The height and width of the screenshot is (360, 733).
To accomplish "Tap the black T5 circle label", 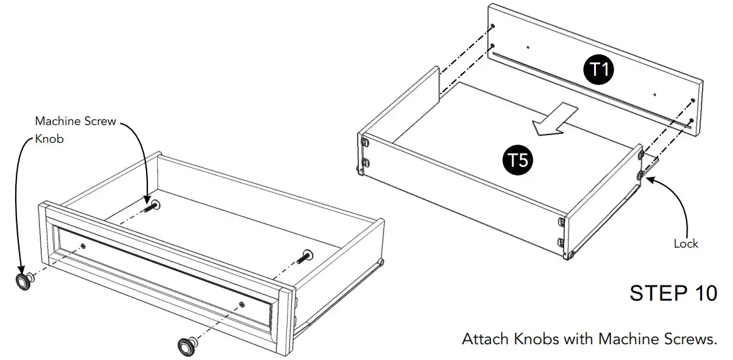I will pos(518,159).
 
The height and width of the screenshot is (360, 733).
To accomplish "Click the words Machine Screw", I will pos(76,121).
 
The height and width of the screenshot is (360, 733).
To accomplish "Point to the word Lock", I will pos(686,244).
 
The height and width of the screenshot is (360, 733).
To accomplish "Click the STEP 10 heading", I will pos(673,294).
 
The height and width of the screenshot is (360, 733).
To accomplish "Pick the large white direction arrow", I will pos(554,119).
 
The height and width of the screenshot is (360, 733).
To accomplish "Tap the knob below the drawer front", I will pos(187,345).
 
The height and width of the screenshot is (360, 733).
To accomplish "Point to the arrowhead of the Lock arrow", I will pos(647,179).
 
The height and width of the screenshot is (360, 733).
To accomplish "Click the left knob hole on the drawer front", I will pos(83,245).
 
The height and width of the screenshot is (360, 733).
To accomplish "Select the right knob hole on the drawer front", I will pos(244,304).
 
